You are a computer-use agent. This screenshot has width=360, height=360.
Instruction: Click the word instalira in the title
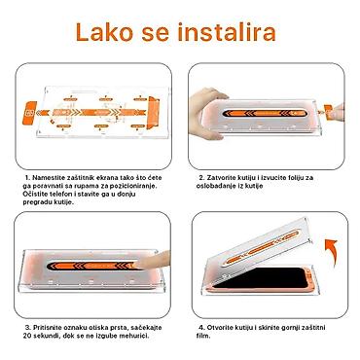227,32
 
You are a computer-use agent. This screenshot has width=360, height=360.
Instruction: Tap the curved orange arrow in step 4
331,250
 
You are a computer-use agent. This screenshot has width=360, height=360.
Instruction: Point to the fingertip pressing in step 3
153,260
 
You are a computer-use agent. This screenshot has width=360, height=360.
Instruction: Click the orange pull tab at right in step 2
329,111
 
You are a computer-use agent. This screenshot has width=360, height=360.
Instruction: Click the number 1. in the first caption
28,178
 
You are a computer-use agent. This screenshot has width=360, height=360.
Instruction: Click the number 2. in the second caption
201,178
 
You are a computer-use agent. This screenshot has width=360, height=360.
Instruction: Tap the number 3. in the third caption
28,328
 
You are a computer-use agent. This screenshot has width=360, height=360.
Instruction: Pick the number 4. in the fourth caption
201,328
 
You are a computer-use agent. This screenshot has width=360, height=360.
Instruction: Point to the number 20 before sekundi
27,336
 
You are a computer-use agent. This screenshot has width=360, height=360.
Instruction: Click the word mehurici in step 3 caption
135,336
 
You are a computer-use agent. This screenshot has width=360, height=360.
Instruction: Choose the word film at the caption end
203,336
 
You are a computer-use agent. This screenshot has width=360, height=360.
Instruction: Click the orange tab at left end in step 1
29,113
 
